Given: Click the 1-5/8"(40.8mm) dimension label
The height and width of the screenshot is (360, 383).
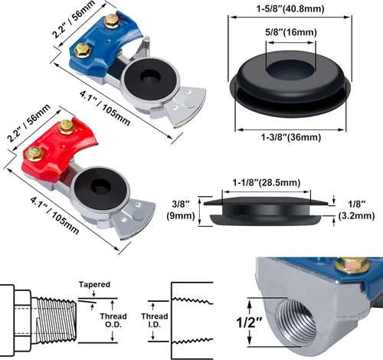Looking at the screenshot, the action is (290, 9).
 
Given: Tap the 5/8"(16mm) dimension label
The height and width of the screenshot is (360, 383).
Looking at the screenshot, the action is (291, 32).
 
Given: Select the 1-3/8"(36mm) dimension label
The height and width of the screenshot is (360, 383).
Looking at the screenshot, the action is (291, 137).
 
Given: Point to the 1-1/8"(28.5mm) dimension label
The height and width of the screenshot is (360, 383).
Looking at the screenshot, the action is (266, 182).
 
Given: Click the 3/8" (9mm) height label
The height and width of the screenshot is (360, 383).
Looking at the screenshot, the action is (181, 210).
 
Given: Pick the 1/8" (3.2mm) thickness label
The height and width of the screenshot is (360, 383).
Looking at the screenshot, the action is (356, 210).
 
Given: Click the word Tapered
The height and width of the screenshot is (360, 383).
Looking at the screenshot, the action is (94, 284).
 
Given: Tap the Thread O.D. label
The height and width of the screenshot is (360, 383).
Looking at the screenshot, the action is (113, 320).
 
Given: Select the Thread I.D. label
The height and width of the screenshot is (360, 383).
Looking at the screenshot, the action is (155, 320).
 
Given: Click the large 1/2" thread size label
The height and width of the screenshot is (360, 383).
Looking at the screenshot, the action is (250, 322).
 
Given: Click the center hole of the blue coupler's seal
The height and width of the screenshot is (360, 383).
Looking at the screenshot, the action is (151, 77).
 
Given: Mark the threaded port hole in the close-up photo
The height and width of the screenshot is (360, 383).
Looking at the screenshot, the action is (297, 323).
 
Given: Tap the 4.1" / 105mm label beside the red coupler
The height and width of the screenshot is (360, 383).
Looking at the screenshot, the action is (54, 215).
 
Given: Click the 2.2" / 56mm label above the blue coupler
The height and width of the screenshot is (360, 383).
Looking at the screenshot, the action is (74, 19).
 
